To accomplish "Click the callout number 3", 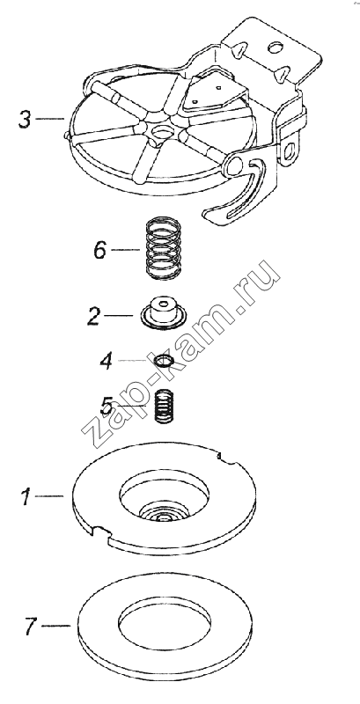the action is pyautogui.click(x=25, y=120).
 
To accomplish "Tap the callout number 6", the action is pyautogui.click(x=99, y=250).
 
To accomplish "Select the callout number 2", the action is pyautogui.click(x=93, y=316).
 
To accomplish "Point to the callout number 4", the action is pyautogui.click(x=107, y=362).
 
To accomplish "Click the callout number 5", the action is pyautogui.click(x=107, y=407).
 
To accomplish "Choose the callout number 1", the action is pyautogui.click(x=26, y=497).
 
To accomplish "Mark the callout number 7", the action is pyautogui.click(x=30, y=626).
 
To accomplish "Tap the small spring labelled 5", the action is pyautogui.click(x=165, y=406).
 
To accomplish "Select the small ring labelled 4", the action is pyautogui.click(x=163, y=361).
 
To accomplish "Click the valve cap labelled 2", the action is pyautogui.click(x=162, y=313).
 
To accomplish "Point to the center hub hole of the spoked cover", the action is pyautogui.click(x=162, y=131).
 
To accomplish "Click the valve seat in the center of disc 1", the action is pyautogui.click(x=164, y=514).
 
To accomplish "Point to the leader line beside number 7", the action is pyautogui.click(x=55, y=625).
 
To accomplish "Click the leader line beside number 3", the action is pyautogui.click(x=49, y=119).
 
